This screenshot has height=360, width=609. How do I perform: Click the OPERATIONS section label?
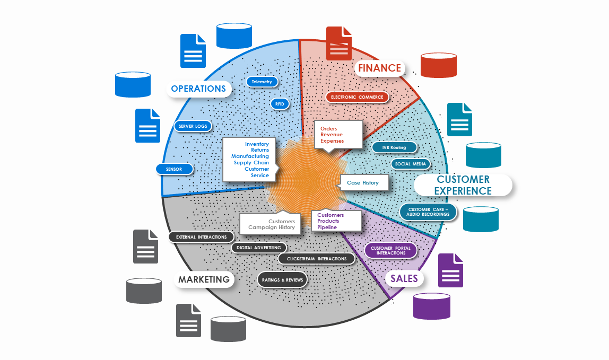point(199,89)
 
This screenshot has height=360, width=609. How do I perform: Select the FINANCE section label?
point(379,68)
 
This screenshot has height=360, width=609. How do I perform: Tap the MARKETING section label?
point(204,279)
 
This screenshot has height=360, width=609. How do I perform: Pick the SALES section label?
point(404,278)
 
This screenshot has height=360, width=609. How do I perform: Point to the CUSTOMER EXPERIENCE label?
point(463,185)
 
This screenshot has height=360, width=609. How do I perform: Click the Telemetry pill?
point(262,82)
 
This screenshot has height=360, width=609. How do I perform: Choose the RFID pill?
point(280,104)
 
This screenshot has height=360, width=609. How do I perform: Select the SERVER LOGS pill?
point(193,126)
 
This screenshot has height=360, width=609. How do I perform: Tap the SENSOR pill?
point(174,169)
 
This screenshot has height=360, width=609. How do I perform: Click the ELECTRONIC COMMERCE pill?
point(357,97)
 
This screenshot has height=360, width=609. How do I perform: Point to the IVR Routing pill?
point(393,147)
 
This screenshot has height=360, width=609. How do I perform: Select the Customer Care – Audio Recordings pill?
point(428,212)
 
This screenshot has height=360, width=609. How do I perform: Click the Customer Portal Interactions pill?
point(391,250)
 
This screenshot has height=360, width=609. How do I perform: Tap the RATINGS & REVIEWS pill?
point(282,279)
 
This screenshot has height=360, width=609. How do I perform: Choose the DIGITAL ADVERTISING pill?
point(259,247)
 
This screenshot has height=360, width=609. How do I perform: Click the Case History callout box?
point(364,183)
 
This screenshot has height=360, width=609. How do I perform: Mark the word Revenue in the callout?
point(332,135)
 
